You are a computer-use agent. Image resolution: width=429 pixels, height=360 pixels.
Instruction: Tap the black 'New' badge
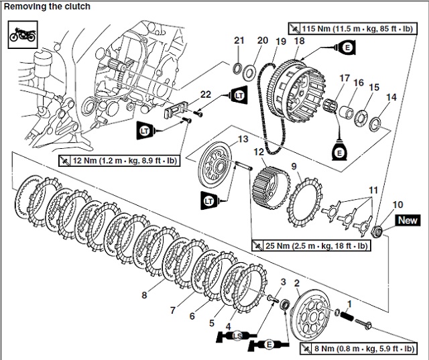(408, 220)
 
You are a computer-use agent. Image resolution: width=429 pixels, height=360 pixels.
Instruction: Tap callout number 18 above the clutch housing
(300, 42)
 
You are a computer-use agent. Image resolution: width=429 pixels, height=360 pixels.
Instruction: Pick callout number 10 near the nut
(398, 204)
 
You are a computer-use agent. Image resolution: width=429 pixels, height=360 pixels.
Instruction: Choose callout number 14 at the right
(391, 97)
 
